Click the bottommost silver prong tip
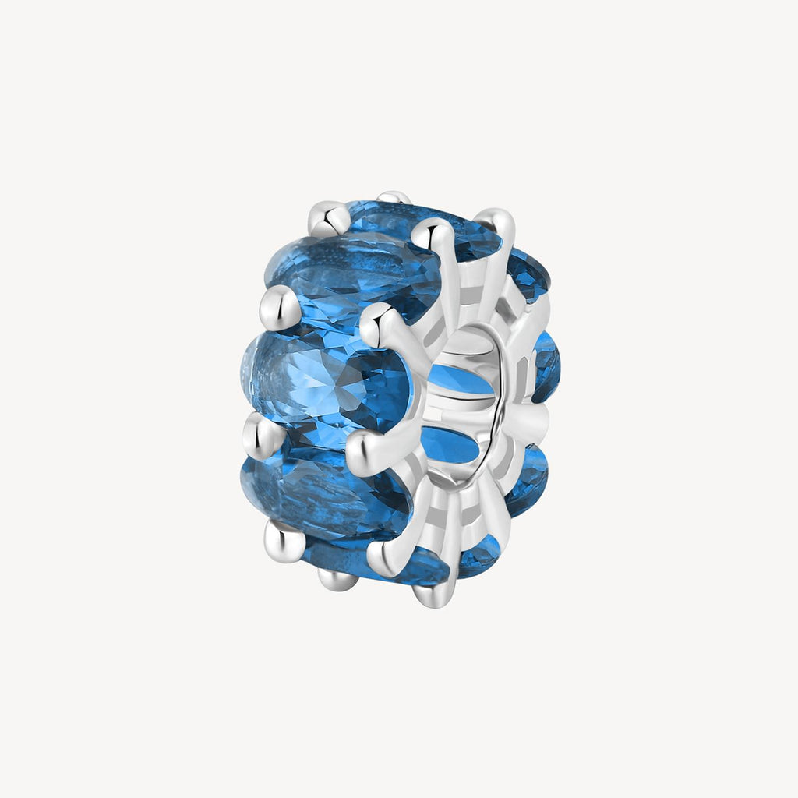tap(433, 596)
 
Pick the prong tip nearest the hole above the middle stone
tap(376, 320)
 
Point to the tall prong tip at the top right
tap(498, 222)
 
